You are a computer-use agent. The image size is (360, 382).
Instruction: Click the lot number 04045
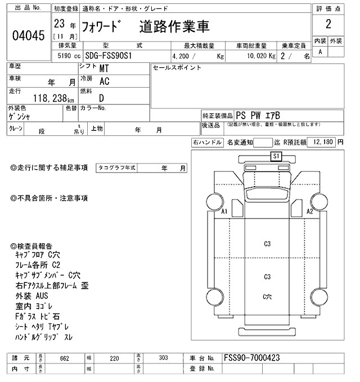click(28, 35)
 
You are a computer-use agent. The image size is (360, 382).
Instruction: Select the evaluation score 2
click(327, 25)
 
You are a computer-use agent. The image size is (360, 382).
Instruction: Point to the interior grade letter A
click(320, 52)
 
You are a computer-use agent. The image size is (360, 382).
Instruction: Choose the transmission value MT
click(104, 69)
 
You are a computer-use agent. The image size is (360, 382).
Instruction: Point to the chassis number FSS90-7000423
click(252, 358)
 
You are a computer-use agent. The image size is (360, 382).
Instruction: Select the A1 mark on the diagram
click(224, 212)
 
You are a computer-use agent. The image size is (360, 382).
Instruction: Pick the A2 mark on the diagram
click(309, 212)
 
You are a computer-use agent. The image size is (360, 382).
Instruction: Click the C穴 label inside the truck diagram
click(268, 296)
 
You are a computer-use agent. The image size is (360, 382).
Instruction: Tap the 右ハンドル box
click(207, 143)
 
